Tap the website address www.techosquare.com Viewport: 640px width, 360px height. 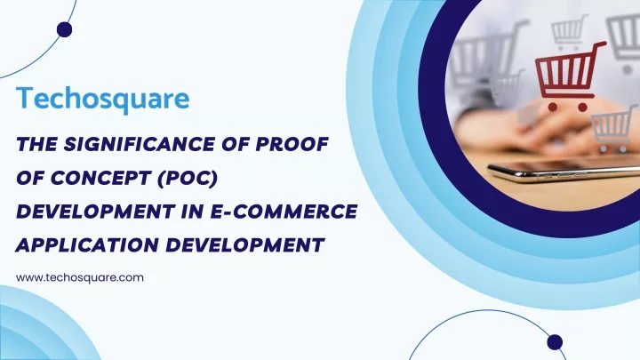pos(80,277)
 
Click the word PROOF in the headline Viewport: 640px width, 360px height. pos(292,144)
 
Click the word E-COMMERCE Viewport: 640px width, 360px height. pos(284,212)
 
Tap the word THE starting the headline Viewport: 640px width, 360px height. pos(36,144)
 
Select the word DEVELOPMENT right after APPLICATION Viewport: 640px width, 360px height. pos(245,245)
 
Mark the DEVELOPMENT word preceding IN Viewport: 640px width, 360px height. pos(95,212)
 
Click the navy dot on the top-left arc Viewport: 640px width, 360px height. pos(65,30)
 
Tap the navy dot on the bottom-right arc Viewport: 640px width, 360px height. pos(555,342)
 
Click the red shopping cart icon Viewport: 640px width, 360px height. pos(570,76)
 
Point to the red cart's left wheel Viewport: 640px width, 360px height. pos(553,107)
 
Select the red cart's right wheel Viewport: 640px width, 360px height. pos(583,108)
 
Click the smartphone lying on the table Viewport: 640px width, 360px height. pos(564,171)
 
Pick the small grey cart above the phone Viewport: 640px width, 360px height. pos(614,128)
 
